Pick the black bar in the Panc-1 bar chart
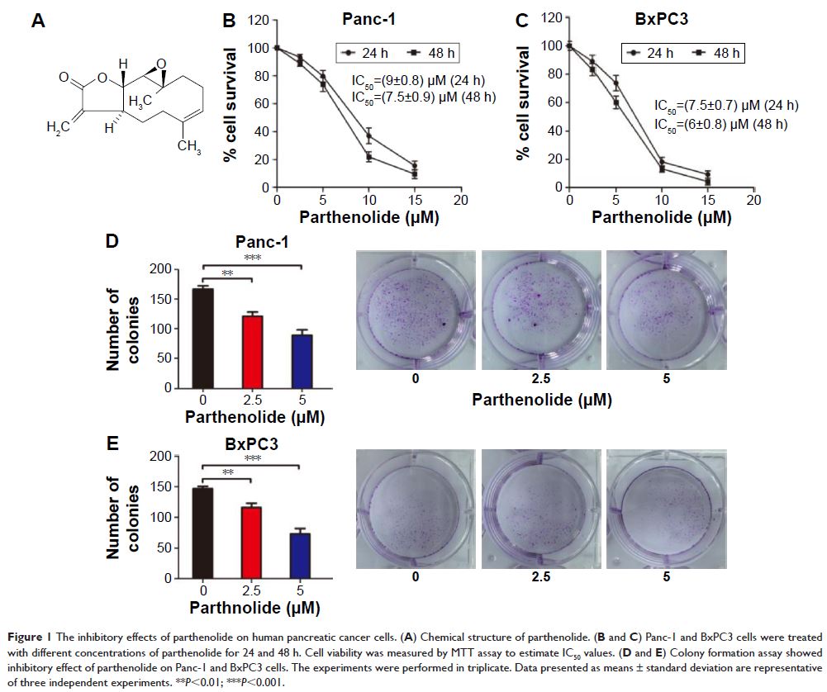coord(203,338)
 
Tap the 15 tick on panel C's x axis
coord(707,201)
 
